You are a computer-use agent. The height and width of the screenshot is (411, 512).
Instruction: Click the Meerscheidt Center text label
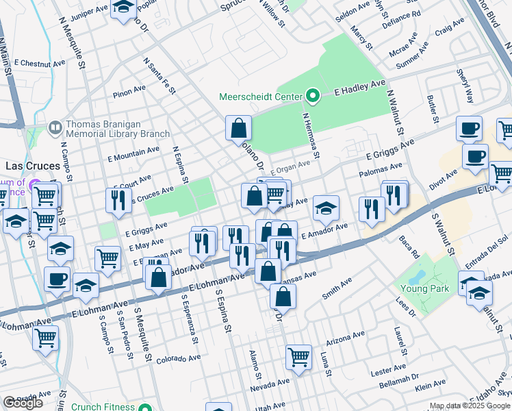[x=260, y=97]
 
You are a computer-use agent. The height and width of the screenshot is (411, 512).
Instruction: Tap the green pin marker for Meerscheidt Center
[x=313, y=96]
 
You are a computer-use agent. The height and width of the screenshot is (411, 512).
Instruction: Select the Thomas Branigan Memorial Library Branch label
[x=112, y=129]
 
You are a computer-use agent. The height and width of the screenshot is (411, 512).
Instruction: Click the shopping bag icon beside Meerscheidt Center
[x=238, y=128]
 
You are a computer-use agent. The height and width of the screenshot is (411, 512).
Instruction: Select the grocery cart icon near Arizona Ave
[x=298, y=356]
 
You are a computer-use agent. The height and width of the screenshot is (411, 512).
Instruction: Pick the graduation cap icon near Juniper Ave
[x=123, y=8]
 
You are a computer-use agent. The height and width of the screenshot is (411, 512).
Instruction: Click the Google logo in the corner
[x=23, y=402]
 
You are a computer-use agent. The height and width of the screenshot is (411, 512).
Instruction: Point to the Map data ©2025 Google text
[x=470, y=406]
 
